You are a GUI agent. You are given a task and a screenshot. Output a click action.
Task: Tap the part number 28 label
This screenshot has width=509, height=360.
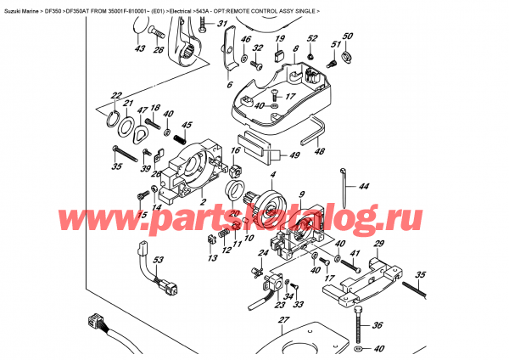pyautogui.click(x=158, y=50)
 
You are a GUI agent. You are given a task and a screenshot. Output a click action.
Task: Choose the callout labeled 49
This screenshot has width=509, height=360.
pyautogui.click(x=294, y=155)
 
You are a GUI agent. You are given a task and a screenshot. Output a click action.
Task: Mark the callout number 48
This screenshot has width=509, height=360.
pyautogui.click(x=319, y=152)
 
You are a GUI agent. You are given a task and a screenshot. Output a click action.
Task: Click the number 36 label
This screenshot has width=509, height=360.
pyautogui.click(x=378, y=323)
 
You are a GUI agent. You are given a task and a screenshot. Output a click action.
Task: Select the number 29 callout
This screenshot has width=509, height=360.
pyautogui.click(x=379, y=245)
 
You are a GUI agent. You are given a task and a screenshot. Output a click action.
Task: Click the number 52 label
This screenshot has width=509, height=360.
pyautogui.click(x=311, y=40)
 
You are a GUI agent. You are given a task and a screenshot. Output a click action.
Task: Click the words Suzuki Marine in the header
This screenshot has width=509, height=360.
pyautogui.click(x=24, y=6)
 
